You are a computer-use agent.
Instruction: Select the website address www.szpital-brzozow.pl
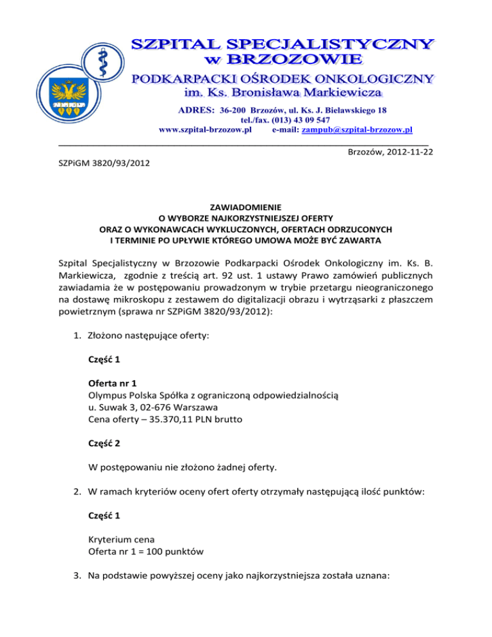[x=206, y=129]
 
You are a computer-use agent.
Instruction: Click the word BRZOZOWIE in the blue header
[x=299, y=60]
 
